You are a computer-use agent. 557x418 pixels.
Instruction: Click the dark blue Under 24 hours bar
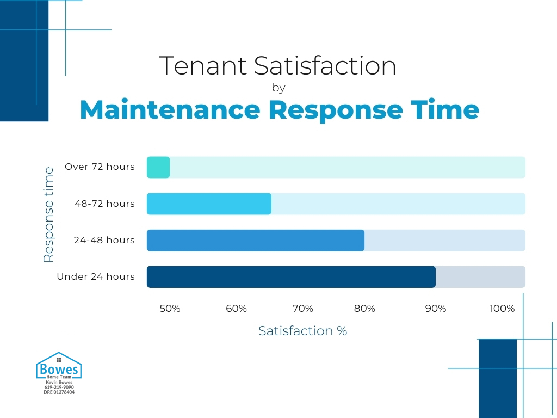pos(291,276)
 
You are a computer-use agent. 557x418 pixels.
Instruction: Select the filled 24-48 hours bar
pos(256,240)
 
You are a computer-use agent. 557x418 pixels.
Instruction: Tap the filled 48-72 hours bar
pos(209,204)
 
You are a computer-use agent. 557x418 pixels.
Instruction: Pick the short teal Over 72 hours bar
pos(158,167)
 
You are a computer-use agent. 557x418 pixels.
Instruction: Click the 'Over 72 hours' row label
pos(100,167)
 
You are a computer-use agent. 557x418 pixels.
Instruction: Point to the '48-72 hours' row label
pos(105,204)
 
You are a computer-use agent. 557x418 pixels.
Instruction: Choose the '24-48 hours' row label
pos(104,240)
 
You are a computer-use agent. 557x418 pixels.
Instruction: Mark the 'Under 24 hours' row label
pos(96,276)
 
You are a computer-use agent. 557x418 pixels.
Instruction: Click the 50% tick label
pos(170,309)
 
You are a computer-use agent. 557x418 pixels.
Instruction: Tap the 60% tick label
pos(236,309)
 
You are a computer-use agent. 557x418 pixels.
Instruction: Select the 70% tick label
pos(302,309)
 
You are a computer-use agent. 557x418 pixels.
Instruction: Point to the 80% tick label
pos(364,309)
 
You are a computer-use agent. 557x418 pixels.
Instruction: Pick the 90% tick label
pos(435,309)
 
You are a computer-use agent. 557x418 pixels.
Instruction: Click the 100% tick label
pos(502,309)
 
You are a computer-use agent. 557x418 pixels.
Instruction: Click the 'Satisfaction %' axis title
pos(302,331)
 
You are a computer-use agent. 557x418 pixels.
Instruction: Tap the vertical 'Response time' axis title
pos(48,214)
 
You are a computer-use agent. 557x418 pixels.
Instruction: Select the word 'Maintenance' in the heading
pos(170,110)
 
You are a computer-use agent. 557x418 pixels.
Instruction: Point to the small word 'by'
pos(278,88)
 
